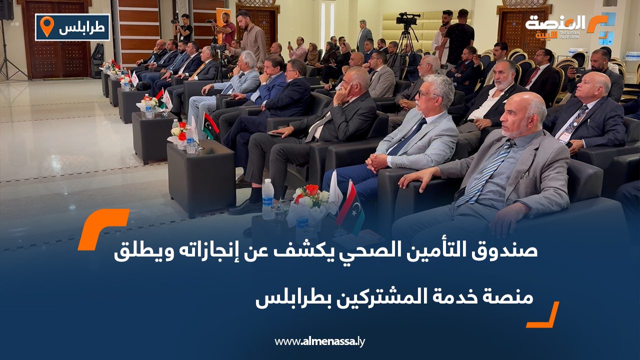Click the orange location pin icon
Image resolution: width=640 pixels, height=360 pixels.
pos(46,26)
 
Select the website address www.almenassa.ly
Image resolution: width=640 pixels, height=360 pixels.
pos(320,341)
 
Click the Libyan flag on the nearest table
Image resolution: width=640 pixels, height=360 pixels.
pos(349,204)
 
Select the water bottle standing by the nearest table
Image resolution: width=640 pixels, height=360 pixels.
pos(268,198)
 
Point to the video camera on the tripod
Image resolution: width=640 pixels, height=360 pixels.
pos(407,19)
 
